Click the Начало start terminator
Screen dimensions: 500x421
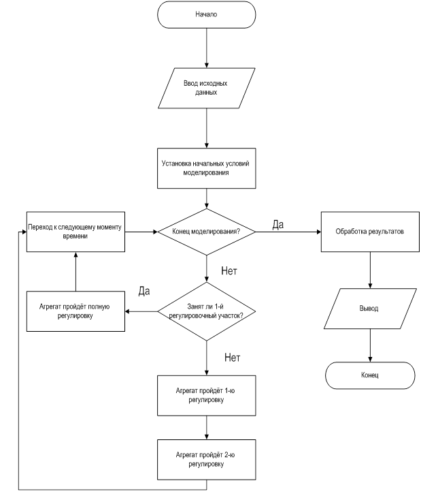(x=206, y=14)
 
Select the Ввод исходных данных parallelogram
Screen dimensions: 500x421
(x=206, y=87)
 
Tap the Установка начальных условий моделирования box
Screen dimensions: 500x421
(x=206, y=168)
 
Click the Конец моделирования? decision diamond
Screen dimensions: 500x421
(x=206, y=232)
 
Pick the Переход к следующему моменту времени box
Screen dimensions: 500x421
(x=75, y=231)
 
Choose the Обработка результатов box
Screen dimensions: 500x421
(x=369, y=232)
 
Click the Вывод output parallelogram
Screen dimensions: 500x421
(x=369, y=309)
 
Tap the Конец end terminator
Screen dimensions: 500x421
(x=369, y=375)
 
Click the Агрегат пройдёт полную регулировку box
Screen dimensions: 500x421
(x=75, y=312)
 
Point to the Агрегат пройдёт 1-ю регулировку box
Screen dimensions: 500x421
(x=206, y=395)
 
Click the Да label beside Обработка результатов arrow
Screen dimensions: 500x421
(x=277, y=224)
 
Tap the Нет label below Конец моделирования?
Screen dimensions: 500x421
(x=230, y=270)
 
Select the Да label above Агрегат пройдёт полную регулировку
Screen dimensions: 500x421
(x=144, y=292)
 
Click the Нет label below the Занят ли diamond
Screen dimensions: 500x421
(x=233, y=357)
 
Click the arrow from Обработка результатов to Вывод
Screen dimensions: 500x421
(x=369, y=270)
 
